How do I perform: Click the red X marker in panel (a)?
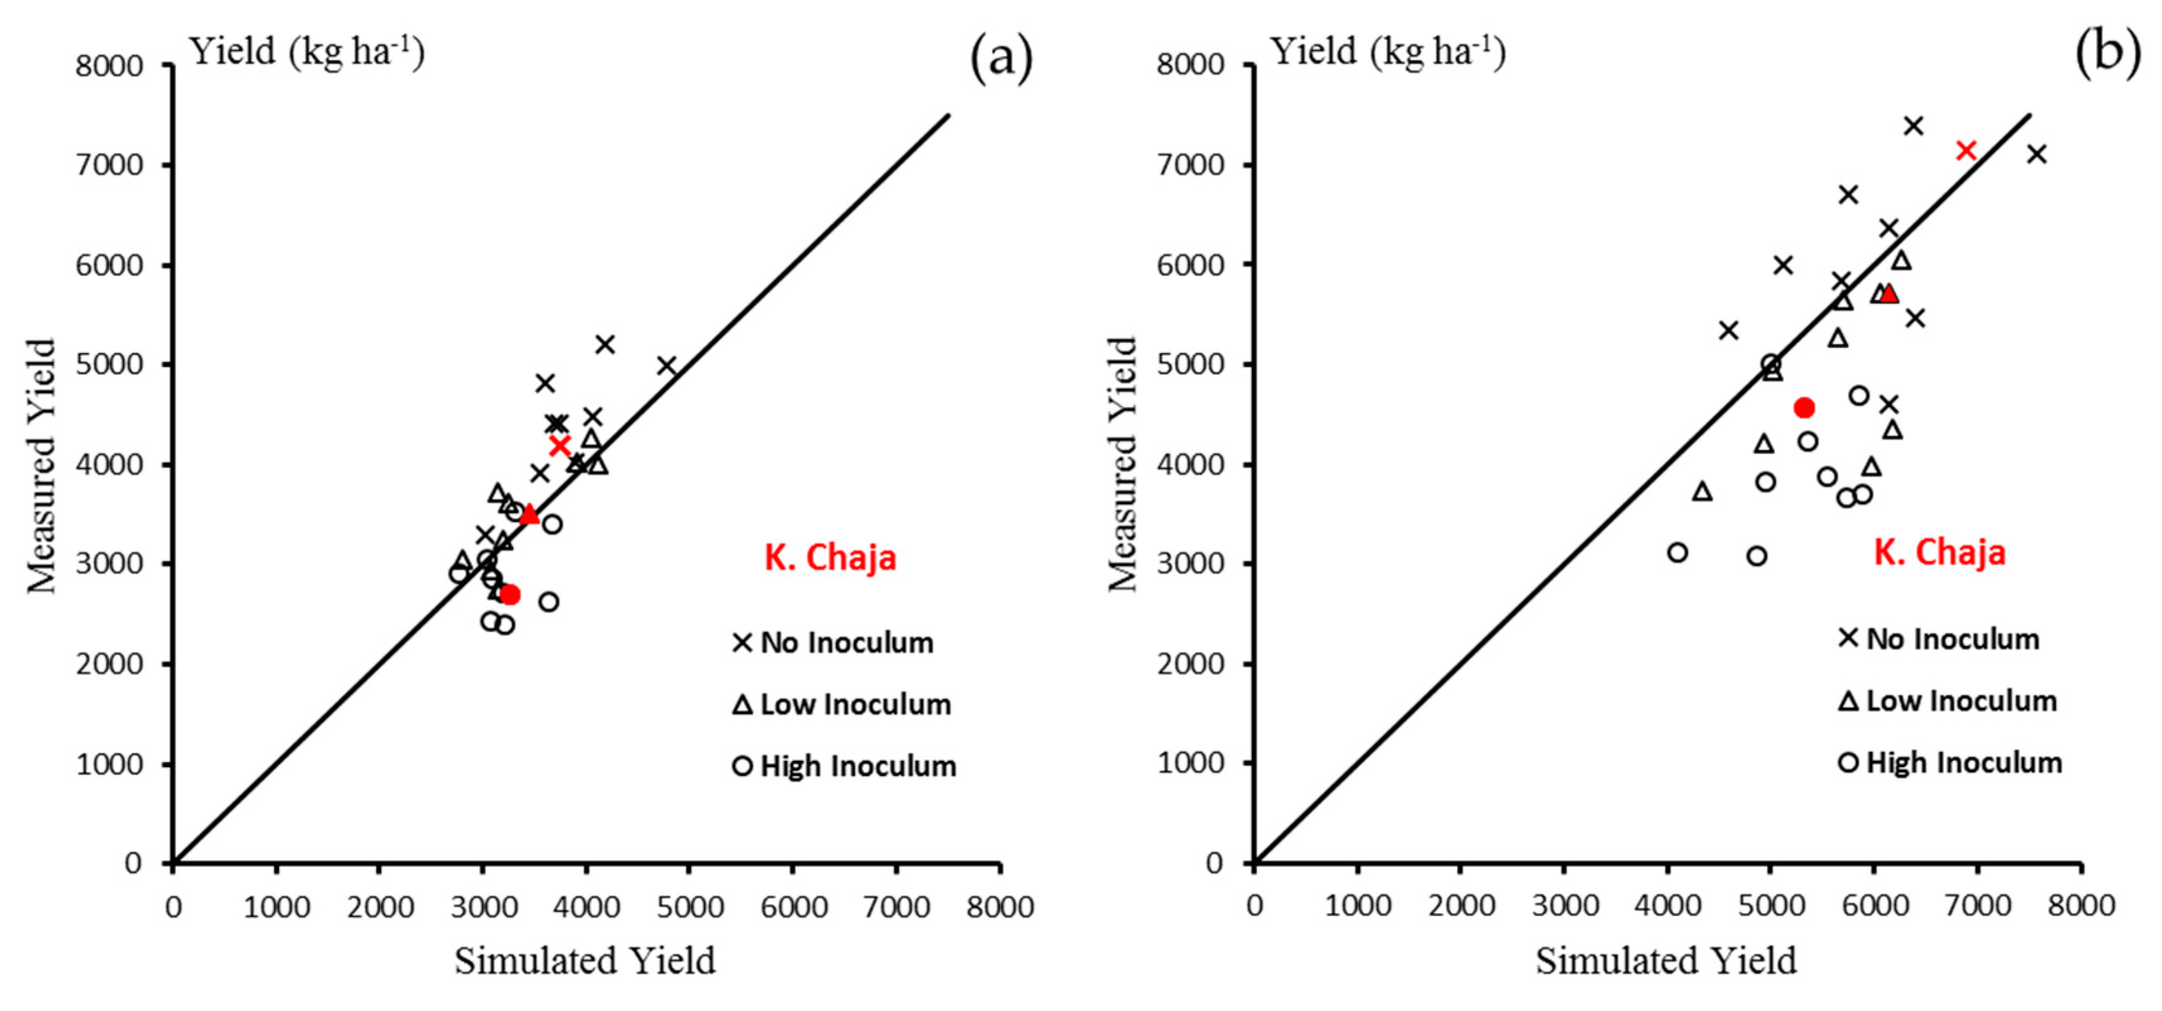(x=560, y=445)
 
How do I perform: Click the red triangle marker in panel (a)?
(x=529, y=514)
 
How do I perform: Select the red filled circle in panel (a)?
(x=509, y=594)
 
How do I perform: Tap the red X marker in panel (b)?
(x=1967, y=150)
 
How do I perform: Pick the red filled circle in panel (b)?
(x=1803, y=408)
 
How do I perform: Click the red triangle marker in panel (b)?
(x=1889, y=293)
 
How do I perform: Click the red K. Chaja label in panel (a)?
(x=830, y=558)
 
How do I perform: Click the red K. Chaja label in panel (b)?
(x=1940, y=553)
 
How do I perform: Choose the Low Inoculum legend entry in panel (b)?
(x=1948, y=700)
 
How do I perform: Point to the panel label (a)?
(x=1001, y=57)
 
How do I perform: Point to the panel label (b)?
(x=2107, y=52)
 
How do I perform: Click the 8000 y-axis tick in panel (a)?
(x=109, y=66)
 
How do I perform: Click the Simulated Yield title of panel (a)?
(x=585, y=961)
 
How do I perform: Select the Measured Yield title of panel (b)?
(x=1123, y=465)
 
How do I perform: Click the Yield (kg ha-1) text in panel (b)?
(x=1388, y=52)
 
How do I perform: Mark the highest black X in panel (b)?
(x=1914, y=126)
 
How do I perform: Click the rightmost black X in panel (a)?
(x=667, y=366)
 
